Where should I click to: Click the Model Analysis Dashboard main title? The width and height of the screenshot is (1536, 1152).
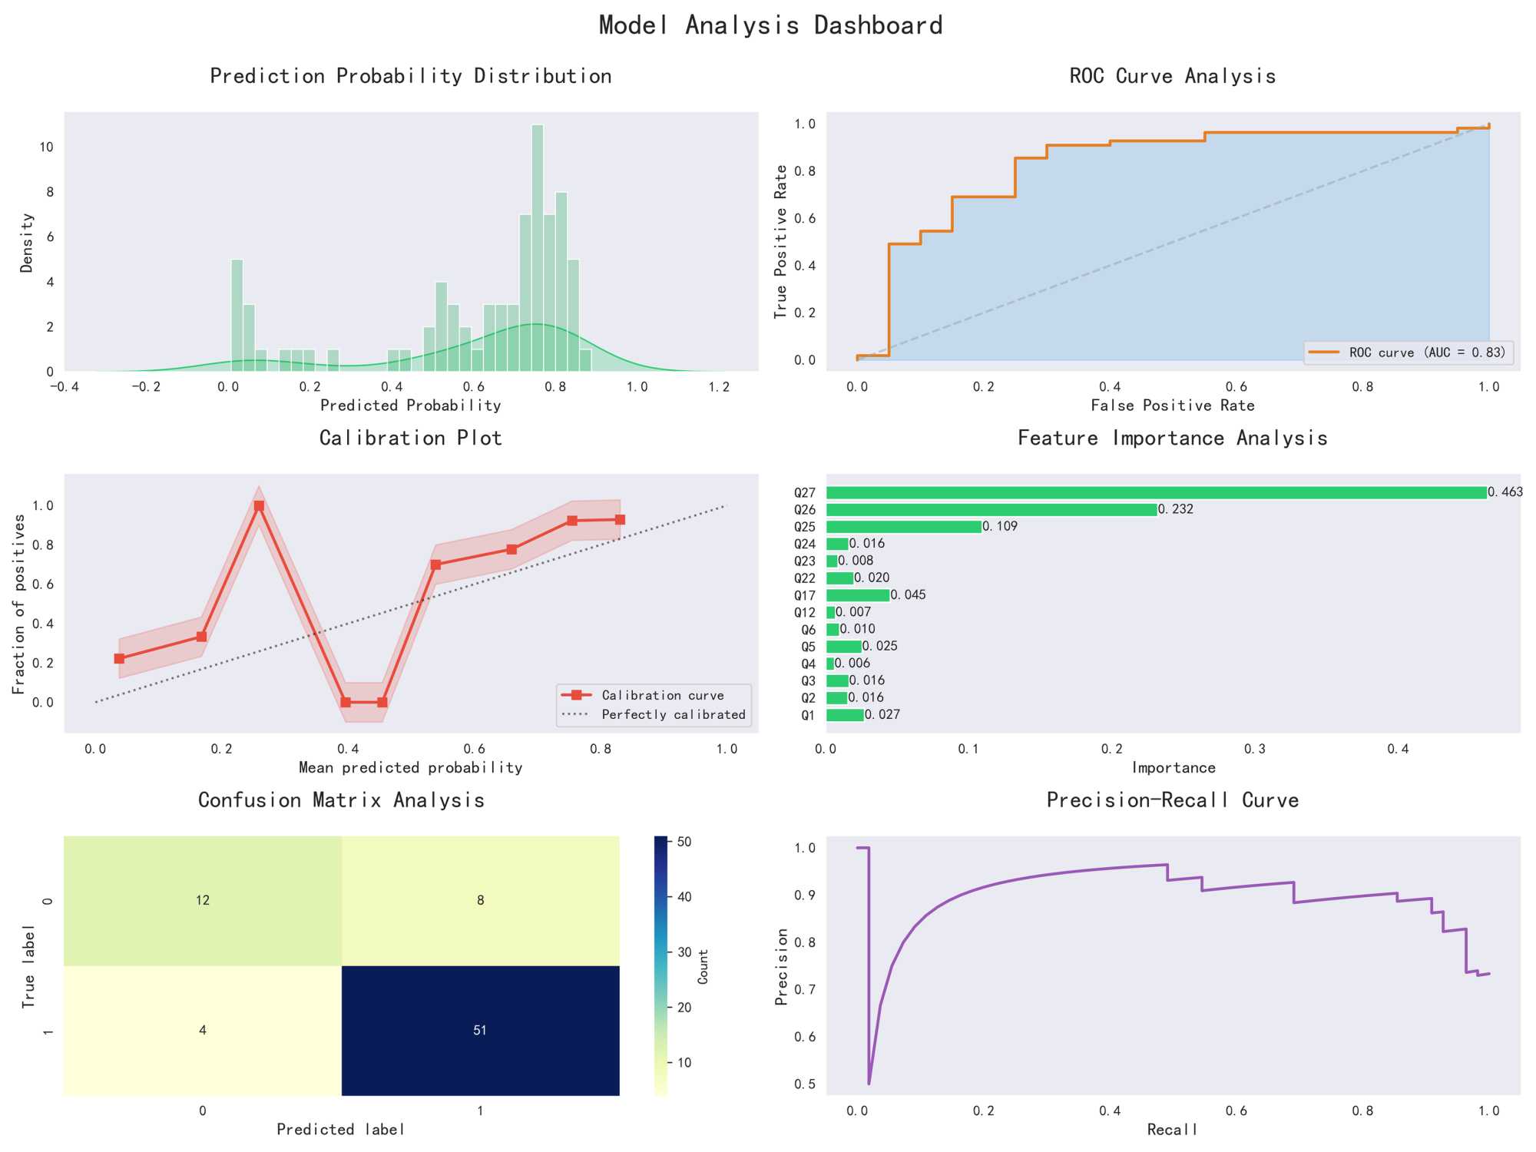coord(770,25)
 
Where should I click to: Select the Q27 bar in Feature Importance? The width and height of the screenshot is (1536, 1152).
coord(1156,492)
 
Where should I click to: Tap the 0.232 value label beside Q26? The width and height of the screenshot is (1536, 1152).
coord(1176,509)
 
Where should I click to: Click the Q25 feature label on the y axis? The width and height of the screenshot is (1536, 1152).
coord(805,527)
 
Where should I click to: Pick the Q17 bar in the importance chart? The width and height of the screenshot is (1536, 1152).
coord(857,595)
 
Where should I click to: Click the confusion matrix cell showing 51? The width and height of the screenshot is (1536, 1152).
coord(480,1030)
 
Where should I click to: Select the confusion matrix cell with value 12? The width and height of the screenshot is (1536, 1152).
coord(202,900)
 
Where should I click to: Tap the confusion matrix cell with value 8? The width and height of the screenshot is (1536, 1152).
coord(480,900)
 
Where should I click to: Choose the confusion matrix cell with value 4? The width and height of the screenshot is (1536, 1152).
coord(202,1030)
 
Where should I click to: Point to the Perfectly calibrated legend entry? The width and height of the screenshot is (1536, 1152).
coord(673,714)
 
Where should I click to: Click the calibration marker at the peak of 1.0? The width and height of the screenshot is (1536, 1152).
coord(259,506)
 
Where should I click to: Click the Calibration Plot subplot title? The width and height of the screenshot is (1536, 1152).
coord(411,438)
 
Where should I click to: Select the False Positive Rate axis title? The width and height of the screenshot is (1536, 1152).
coord(1173,406)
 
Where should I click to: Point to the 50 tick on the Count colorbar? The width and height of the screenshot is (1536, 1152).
coord(684,842)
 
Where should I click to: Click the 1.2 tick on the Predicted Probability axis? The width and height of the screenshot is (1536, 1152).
coord(719,387)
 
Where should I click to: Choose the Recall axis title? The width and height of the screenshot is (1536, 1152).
coord(1173,1129)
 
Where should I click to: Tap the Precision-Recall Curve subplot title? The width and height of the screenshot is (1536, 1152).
coord(1173,800)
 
